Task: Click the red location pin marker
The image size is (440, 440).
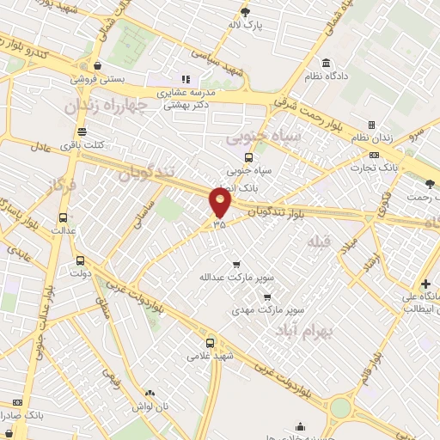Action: (x=221, y=203)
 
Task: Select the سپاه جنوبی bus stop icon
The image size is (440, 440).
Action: (x=249, y=157)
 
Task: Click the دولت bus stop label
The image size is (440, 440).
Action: (x=80, y=274)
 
